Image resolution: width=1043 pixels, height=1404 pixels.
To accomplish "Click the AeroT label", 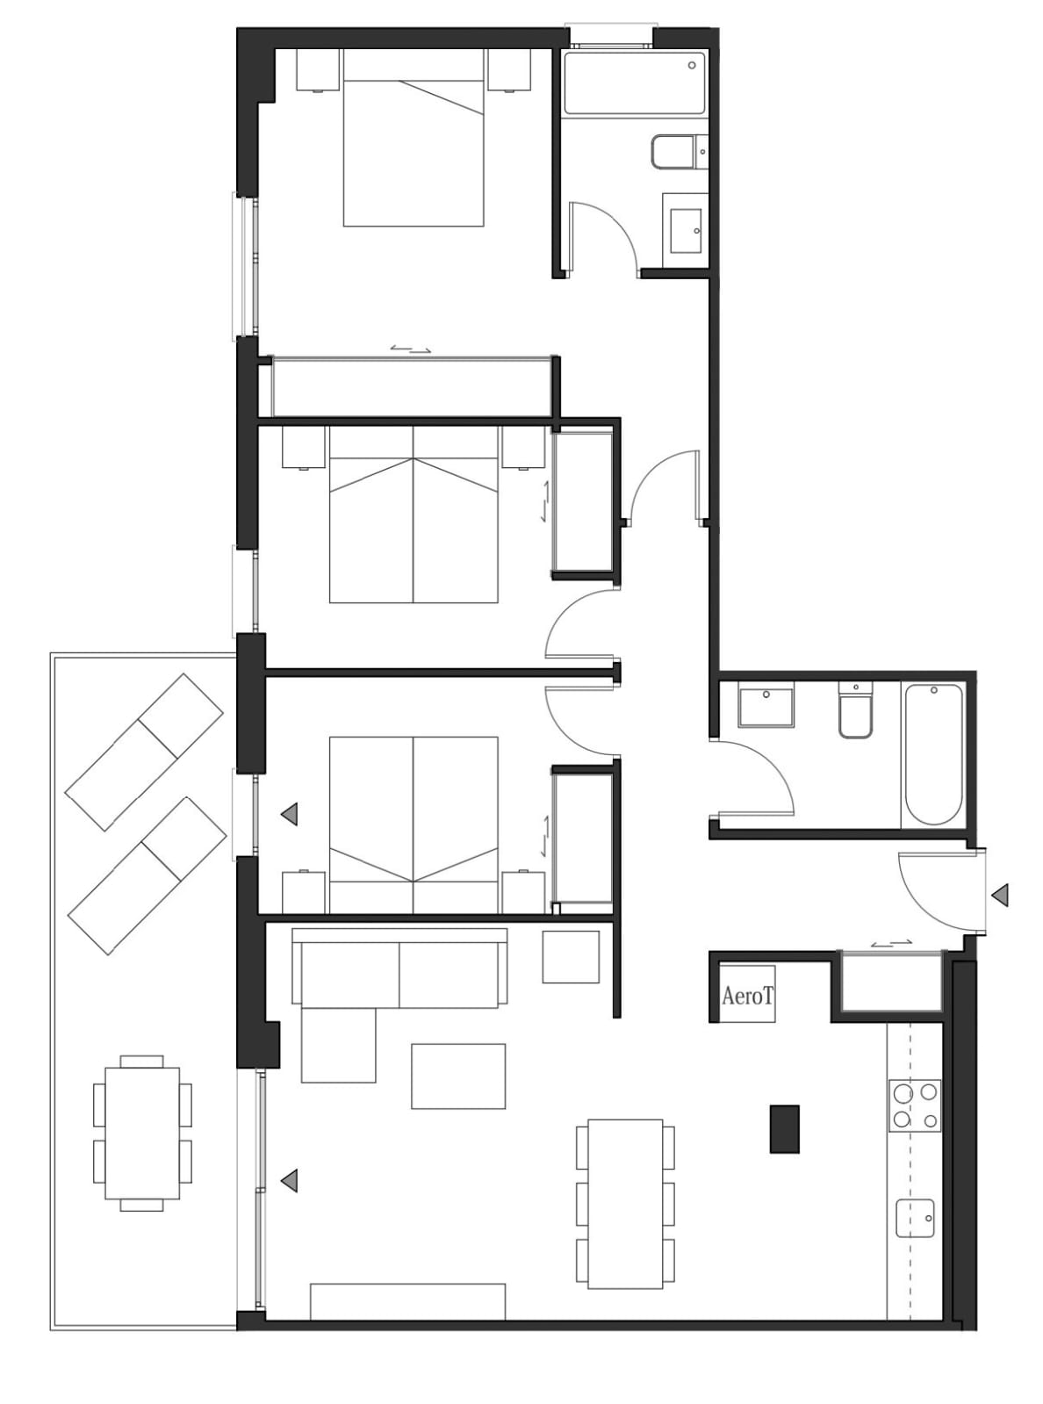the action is click(x=747, y=996).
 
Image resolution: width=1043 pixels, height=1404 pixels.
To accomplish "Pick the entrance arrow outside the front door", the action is click(x=1000, y=896).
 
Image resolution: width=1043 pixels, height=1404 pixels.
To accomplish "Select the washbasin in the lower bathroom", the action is click(x=766, y=705).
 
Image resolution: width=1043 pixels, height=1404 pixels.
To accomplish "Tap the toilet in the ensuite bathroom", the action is click(x=680, y=152).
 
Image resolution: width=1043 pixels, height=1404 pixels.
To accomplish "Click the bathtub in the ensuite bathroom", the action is click(x=634, y=83).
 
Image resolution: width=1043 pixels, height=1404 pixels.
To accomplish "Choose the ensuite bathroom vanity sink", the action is click(x=685, y=230).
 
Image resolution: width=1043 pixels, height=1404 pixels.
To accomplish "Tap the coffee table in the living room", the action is click(x=458, y=1076).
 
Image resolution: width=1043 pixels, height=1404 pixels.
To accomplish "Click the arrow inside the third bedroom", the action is click(x=289, y=814).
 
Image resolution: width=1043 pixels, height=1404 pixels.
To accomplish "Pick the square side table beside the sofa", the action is click(x=571, y=956).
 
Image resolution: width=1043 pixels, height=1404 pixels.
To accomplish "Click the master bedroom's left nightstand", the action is click(x=319, y=69).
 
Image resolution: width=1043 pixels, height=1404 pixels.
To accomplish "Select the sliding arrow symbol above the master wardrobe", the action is click(x=411, y=349).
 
